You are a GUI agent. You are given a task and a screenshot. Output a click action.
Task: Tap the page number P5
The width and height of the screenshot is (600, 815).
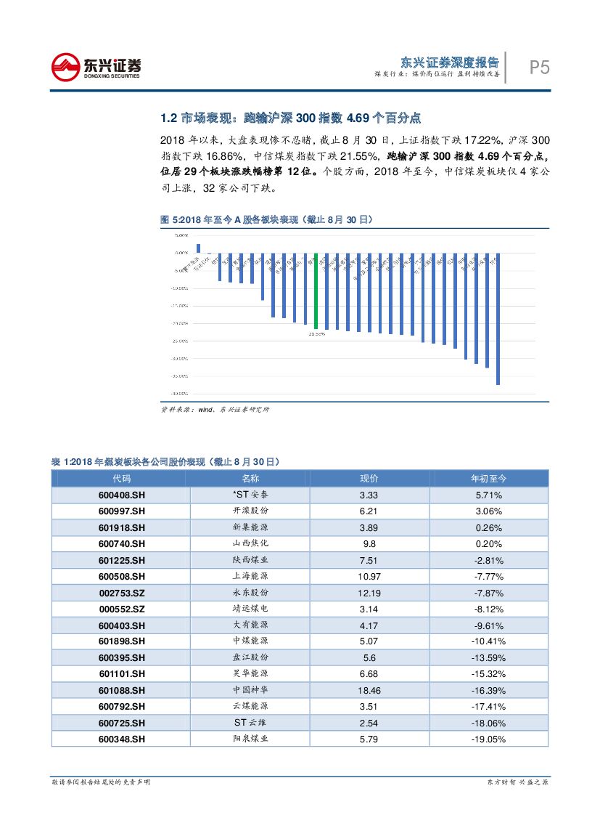[x=538, y=68]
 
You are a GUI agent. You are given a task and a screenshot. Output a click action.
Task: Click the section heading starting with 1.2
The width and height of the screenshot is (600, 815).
[x=292, y=118]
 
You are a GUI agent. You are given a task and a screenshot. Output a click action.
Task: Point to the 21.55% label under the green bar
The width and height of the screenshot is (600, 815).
[x=316, y=334]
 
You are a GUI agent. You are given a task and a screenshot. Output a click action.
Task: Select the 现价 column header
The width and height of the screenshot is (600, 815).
[x=369, y=479]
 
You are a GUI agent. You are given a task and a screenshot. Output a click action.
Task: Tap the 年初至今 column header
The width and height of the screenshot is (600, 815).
[x=488, y=479]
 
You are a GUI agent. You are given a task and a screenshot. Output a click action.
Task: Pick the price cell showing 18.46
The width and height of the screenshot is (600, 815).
[x=369, y=690]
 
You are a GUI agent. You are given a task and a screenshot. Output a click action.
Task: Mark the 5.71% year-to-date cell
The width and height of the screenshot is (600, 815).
[x=488, y=495]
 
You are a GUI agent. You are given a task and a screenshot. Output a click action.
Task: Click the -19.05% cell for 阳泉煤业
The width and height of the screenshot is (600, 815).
[x=488, y=739]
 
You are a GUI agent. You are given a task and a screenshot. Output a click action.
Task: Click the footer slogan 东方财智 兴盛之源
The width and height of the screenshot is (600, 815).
[x=517, y=782]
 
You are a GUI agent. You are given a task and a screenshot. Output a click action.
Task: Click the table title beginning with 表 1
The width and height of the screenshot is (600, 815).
[x=165, y=461]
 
